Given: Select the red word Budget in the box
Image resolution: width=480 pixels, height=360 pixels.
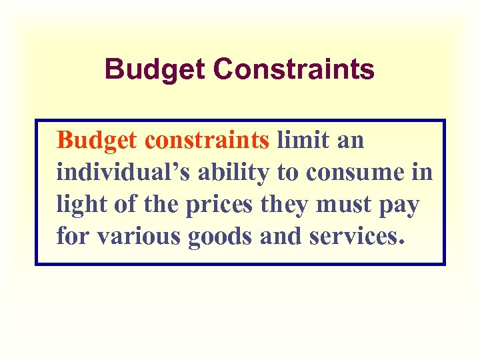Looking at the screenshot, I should (x=96, y=141).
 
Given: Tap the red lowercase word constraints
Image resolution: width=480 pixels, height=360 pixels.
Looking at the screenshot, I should (x=207, y=141).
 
